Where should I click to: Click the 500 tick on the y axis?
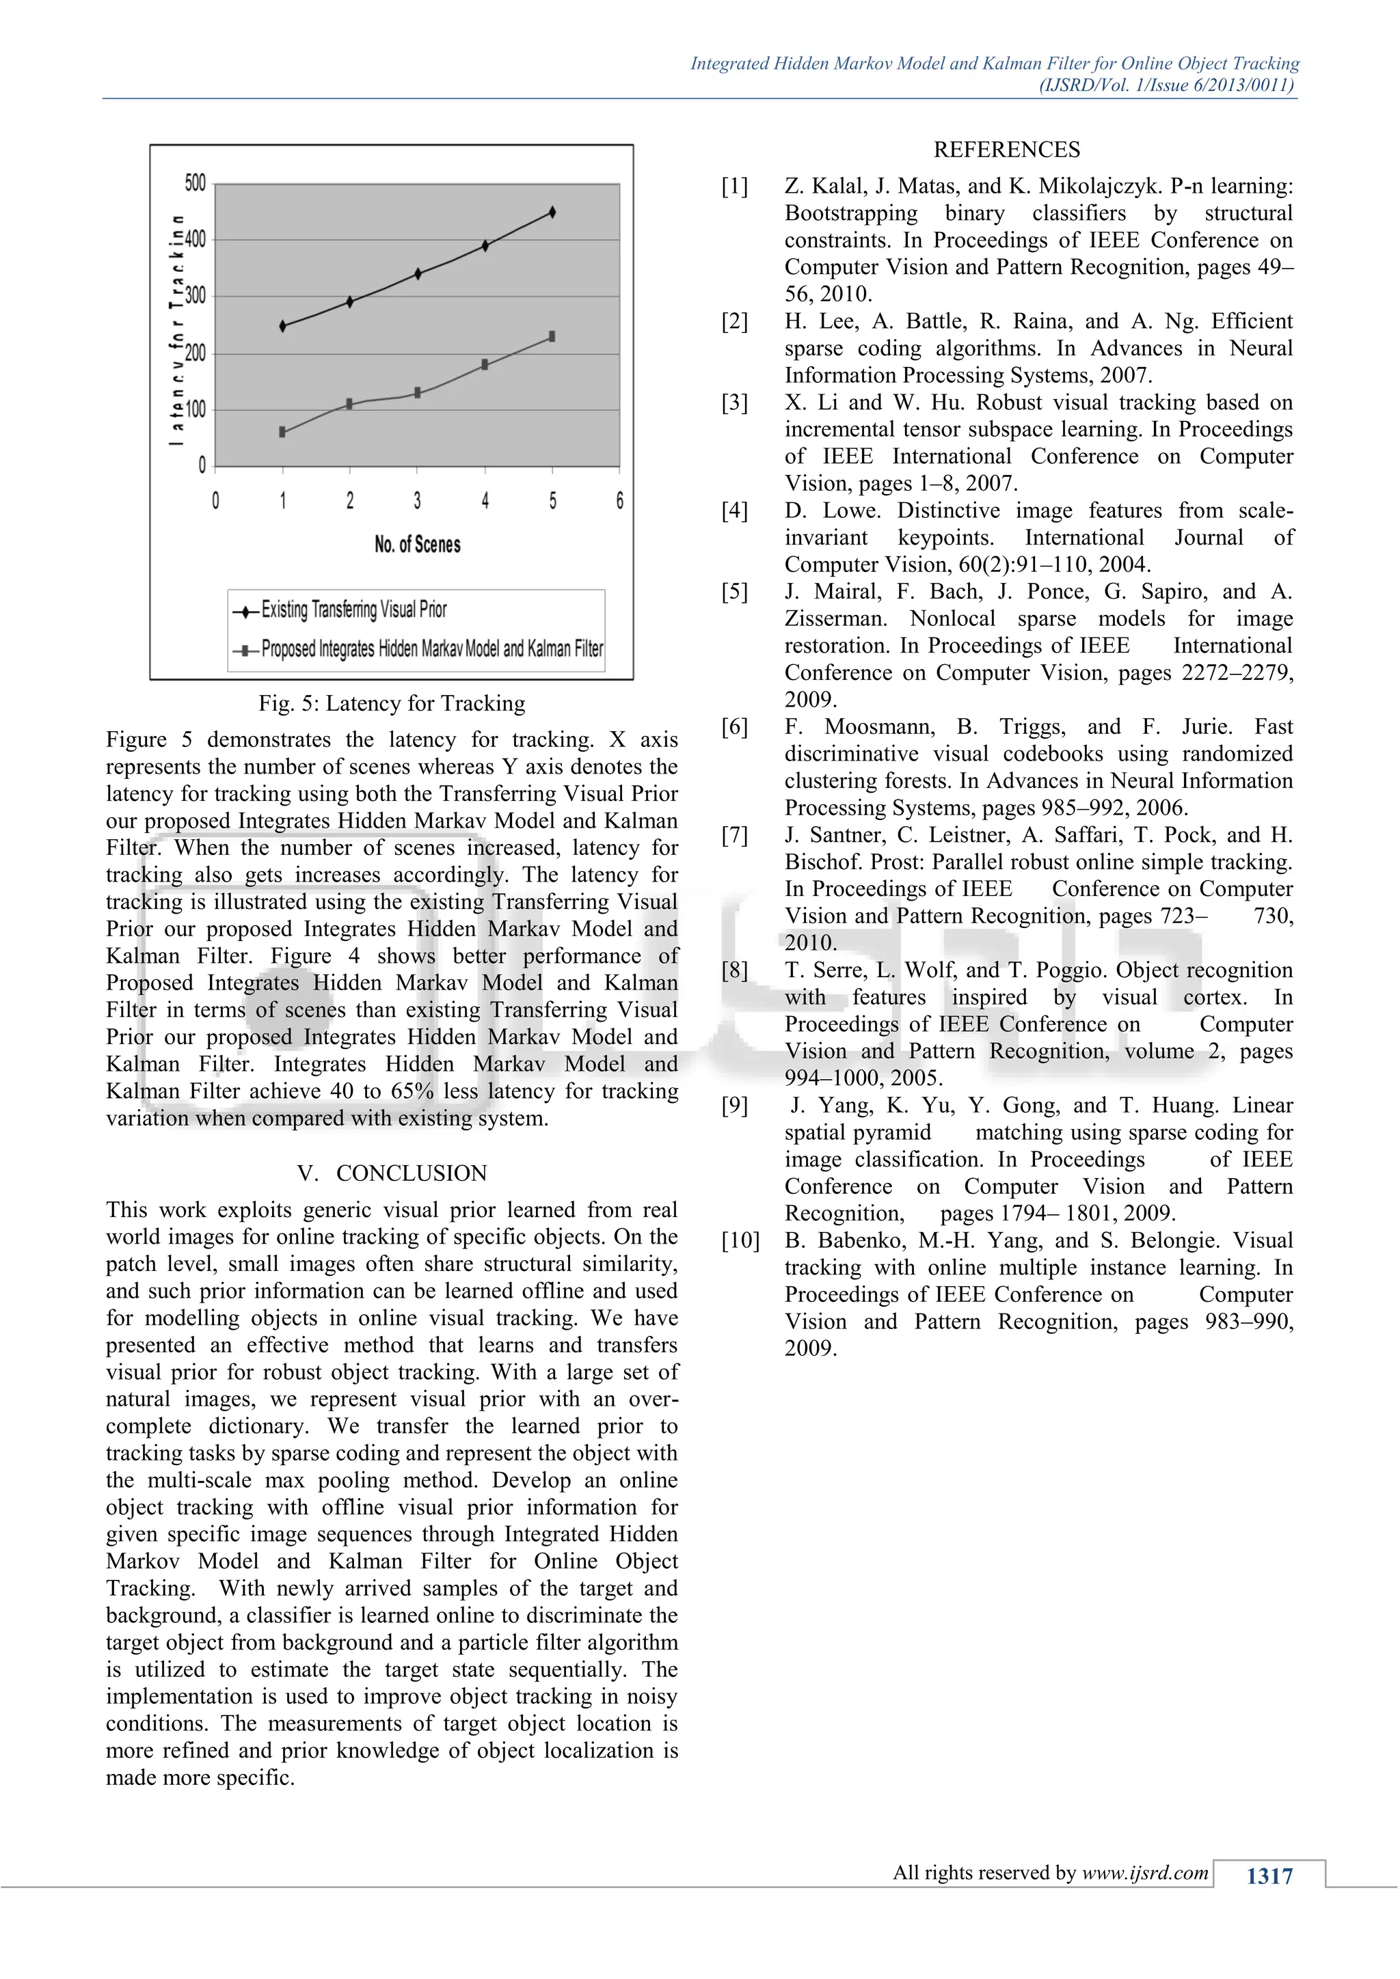click(x=196, y=182)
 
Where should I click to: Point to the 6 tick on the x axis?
click(x=619, y=501)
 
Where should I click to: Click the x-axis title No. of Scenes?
click(x=417, y=545)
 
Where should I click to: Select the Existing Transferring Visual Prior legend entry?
click(x=353, y=610)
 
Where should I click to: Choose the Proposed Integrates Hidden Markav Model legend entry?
click(x=431, y=649)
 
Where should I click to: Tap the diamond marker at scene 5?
click(x=552, y=212)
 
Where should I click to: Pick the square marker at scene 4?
click(x=485, y=365)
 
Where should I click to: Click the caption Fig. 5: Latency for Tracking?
click(x=392, y=703)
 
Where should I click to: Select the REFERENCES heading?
click(x=1006, y=150)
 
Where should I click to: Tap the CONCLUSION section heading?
click(x=412, y=1173)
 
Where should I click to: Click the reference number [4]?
click(x=734, y=511)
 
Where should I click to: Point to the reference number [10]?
click(x=740, y=1240)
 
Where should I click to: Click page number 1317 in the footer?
click(x=1269, y=1876)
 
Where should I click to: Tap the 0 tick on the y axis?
click(x=202, y=466)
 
